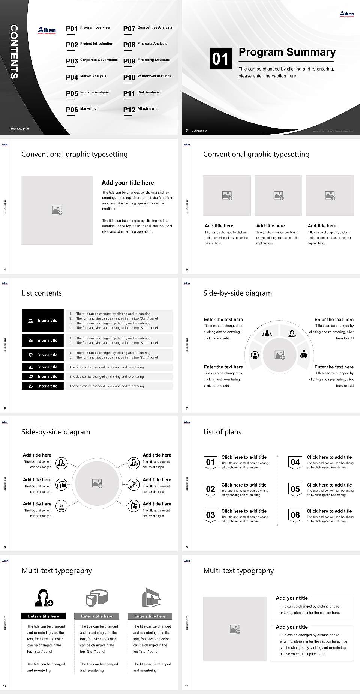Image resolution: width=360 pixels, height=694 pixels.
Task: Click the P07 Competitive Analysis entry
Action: [x=147, y=28]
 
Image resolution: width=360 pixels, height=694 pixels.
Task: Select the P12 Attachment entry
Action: [x=140, y=109]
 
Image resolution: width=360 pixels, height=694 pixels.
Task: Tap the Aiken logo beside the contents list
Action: [x=47, y=30]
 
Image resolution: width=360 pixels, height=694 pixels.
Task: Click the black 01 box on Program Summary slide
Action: [x=220, y=58]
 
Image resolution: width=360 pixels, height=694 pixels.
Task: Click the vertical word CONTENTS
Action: [x=14, y=51]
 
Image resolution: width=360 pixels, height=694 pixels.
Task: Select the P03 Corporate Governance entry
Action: [x=92, y=60]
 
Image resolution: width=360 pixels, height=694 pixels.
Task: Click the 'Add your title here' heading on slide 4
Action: [x=127, y=183]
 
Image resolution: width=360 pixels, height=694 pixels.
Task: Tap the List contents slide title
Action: [x=42, y=293]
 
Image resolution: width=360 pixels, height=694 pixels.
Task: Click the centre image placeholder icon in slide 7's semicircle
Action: [x=280, y=355]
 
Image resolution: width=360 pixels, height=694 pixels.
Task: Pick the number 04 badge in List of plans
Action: [x=295, y=462]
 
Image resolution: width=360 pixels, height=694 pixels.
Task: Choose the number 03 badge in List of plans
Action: [x=211, y=515]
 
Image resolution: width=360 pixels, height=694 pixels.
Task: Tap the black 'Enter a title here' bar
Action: [x=43, y=616]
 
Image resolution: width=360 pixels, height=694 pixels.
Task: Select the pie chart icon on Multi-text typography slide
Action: [x=97, y=598]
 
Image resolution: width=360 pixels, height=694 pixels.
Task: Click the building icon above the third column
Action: [x=151, y=598]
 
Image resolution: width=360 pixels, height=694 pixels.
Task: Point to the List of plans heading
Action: [x=222, y=432]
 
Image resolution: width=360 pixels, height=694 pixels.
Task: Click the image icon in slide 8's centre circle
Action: [x=97, y=484]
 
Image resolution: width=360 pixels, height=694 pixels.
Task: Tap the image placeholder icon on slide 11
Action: [x=235, y=629]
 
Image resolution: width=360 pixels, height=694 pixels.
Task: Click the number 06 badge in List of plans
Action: [x=295, y=515]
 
